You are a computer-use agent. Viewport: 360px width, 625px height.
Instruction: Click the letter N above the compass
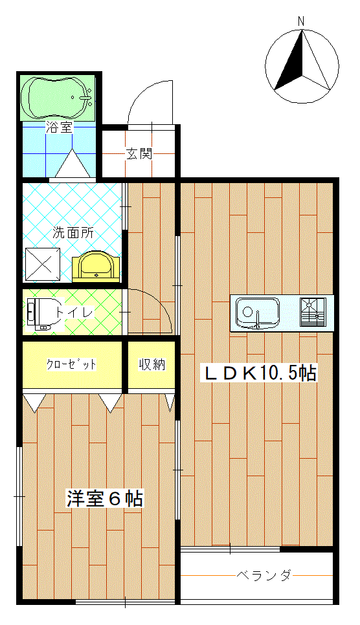pos(302,21)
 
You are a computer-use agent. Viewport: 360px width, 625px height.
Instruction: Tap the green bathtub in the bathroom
pos(58,98)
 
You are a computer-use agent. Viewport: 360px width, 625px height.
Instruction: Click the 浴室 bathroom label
pos(59,127)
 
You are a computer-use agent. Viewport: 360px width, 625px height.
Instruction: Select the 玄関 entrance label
pos(139,153)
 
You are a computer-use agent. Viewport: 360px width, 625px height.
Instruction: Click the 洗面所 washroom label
pos(73,233)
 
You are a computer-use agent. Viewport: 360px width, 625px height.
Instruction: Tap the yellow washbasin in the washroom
pos(96,267)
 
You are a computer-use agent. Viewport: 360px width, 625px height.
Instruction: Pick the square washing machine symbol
pos(43,264)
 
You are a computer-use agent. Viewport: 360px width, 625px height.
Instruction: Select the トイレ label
pos(75,312)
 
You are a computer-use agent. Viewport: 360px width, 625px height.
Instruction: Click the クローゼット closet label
pos(71,364)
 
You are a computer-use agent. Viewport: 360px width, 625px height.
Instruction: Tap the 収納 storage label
pos(152,364)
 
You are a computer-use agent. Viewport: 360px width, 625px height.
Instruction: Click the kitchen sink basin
pos(258,313)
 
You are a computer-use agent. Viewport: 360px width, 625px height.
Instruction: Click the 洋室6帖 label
pos(104,498)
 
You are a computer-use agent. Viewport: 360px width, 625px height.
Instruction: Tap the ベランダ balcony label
pos(264,576)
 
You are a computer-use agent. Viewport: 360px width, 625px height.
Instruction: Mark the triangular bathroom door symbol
pos(73,164)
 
